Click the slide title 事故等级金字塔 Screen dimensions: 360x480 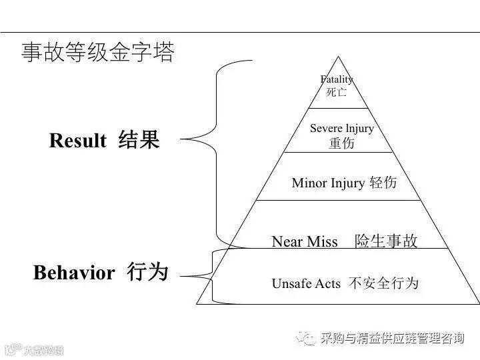(x=98, y=53)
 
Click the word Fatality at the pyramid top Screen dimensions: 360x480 (x=337, y=79)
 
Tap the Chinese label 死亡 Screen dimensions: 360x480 (x=337, y=93)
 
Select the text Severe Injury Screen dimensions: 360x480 (x=342, y=128)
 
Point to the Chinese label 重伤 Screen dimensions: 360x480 (x=342, y=143)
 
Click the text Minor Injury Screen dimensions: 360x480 (x=328, y=183)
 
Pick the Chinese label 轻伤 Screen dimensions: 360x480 (x=383, y=183)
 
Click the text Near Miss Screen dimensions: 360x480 (x=305, y=241)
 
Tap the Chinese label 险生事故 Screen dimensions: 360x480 (x=386, y=241)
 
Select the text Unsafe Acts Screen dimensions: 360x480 (x=306, y=284)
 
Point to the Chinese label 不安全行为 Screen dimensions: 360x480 (x=383, y=284)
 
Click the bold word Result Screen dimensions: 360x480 (x=77, y=141)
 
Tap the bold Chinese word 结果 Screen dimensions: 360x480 (x=139, y=140)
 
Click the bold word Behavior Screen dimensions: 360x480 (x=74, y=273)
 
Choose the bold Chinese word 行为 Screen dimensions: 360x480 (x=147, y=272)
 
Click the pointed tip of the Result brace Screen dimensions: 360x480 (x=182, y=139)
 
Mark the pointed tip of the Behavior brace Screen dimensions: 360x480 (x=182, y=275)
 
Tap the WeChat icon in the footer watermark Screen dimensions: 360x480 (x=307, y=339)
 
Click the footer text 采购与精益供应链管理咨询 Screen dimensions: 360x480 (x=392, y=339)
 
